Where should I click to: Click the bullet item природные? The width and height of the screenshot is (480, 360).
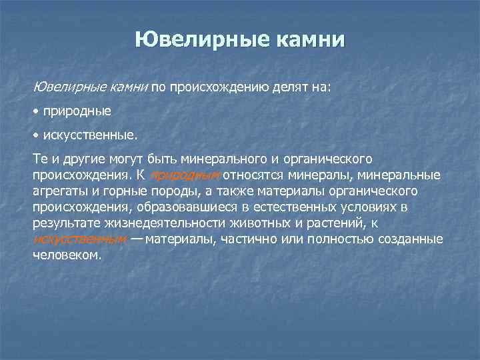[x=77, y=111]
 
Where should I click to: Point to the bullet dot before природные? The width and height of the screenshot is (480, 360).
[x=36, y=111]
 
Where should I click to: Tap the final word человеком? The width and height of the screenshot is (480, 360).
[x=66, y=255]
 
